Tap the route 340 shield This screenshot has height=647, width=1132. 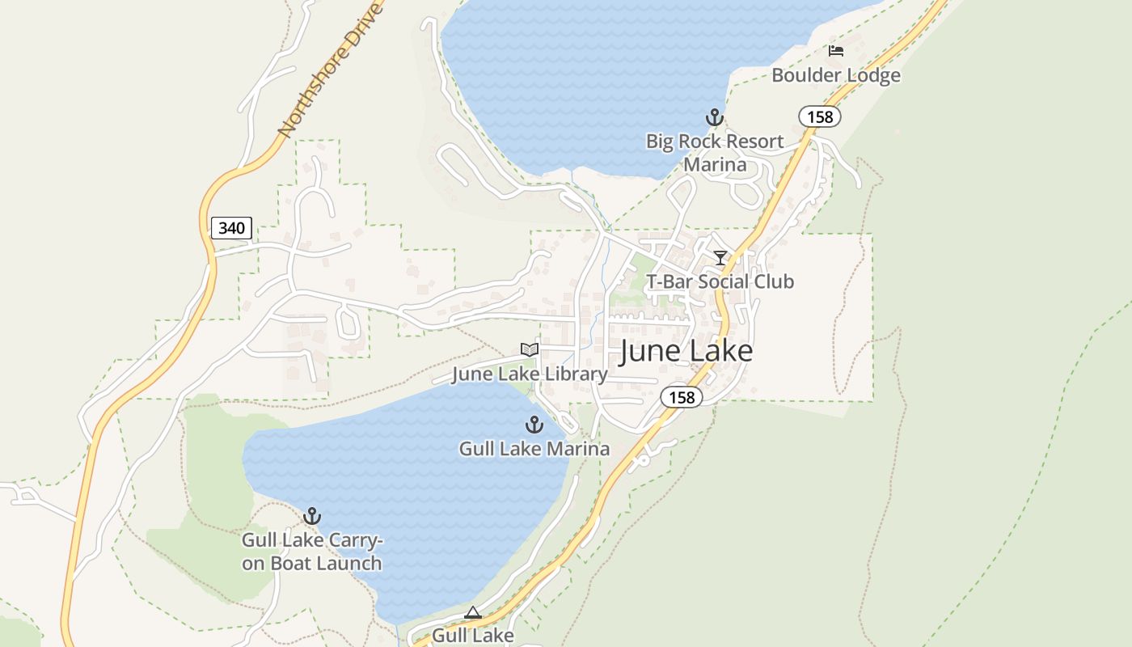231,228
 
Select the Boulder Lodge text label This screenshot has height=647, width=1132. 835,75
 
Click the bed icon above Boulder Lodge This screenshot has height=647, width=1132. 836,51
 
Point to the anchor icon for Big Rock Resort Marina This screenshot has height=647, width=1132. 714,118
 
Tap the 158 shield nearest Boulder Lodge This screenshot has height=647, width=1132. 820,117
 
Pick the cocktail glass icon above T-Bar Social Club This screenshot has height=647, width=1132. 720,258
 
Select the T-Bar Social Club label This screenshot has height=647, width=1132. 720,281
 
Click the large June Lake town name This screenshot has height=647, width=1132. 686,351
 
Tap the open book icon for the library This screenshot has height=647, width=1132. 530,349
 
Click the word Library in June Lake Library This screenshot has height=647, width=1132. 575,374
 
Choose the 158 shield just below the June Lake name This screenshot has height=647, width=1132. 682,397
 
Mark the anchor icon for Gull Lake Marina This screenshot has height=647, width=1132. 534,425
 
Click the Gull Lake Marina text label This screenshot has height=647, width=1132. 534,448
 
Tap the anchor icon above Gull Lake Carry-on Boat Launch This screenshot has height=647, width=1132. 312,516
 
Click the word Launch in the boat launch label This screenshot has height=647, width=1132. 348,563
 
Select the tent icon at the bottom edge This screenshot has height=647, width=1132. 473,612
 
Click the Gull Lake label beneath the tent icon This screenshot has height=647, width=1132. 472,635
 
